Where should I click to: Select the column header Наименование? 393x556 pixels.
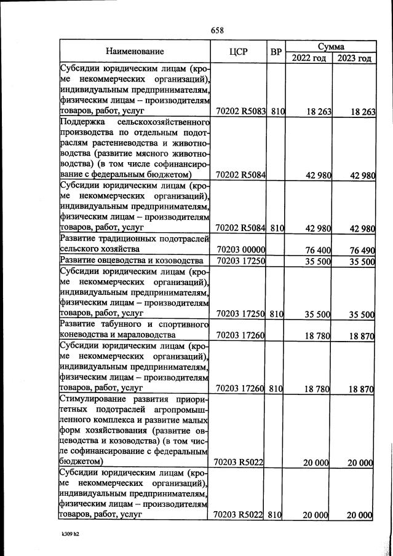[135, 52]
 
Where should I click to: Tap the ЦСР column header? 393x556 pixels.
[237, 52]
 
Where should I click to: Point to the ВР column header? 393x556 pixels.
[276, 52]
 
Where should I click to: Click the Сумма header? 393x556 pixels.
[331, 46]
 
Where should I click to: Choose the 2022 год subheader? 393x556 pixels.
[309, 58]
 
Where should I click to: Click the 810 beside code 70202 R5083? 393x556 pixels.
[276, 112]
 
